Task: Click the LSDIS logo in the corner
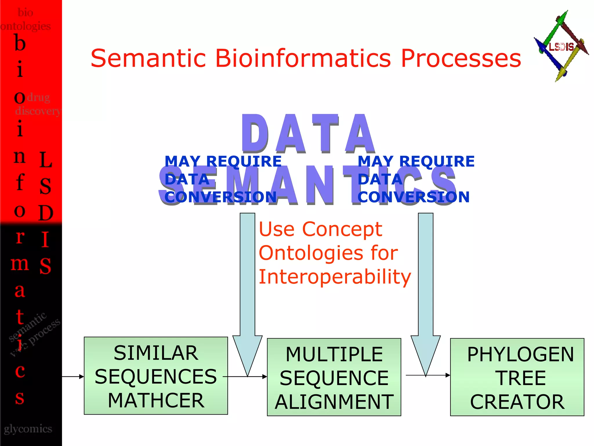tap(561, 46)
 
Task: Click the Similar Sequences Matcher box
tap(156, 376)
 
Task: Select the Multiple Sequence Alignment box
tap(334, 377)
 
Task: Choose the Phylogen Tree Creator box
tap(517, 377)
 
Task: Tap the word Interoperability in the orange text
tap(335, 277)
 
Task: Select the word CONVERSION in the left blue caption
tap(221, 197)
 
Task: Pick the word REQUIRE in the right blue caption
tap(437, 161)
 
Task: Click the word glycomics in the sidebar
tap(28, 429)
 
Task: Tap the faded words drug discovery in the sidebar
tap(38, 104)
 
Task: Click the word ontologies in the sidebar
tap(26, 26)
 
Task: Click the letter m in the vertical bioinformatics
tap(20, 264)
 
